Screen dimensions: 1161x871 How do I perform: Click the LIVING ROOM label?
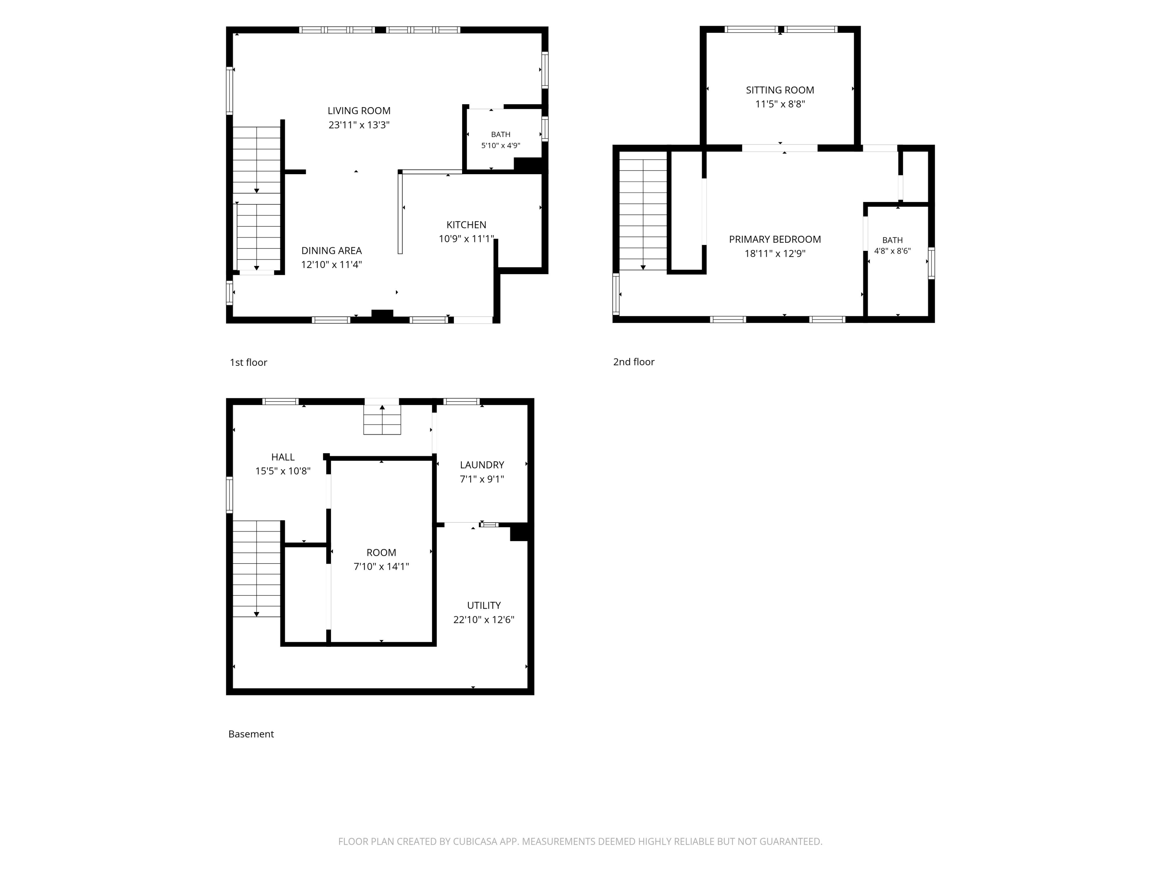(x=359, y=111)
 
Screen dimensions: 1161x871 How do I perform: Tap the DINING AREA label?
(x=331, y=250)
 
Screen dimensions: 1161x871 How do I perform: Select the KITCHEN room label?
(x=466, y=225)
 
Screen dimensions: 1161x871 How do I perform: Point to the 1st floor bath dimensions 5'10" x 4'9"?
(x=501, y=146)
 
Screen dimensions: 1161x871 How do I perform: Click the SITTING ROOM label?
(x=780, y=90)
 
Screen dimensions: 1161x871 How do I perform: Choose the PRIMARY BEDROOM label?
(x=775, y=239)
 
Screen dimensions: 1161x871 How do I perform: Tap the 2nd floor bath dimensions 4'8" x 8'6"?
(x=892, y=251)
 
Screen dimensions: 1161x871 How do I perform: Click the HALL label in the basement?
(x=283, y=457)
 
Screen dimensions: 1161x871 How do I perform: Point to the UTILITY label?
(x=484, y=605)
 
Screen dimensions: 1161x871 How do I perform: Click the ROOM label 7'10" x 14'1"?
(x=381, y=552)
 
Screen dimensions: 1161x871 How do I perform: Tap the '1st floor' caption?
(x=248, y=362)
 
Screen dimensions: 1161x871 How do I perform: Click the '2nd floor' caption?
(x=634, y=362)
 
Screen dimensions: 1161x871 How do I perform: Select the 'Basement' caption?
(x=251, y=734)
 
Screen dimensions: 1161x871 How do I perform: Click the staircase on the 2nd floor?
(x=643, y=214)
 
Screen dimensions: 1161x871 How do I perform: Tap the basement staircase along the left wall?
(x=257, y=569)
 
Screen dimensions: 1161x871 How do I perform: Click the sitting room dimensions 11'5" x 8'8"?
(x=780, y=104)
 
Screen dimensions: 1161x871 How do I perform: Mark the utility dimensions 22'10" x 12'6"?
(x=484, y=619)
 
